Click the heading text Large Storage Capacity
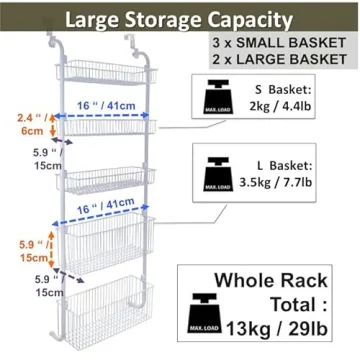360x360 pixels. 180,18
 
